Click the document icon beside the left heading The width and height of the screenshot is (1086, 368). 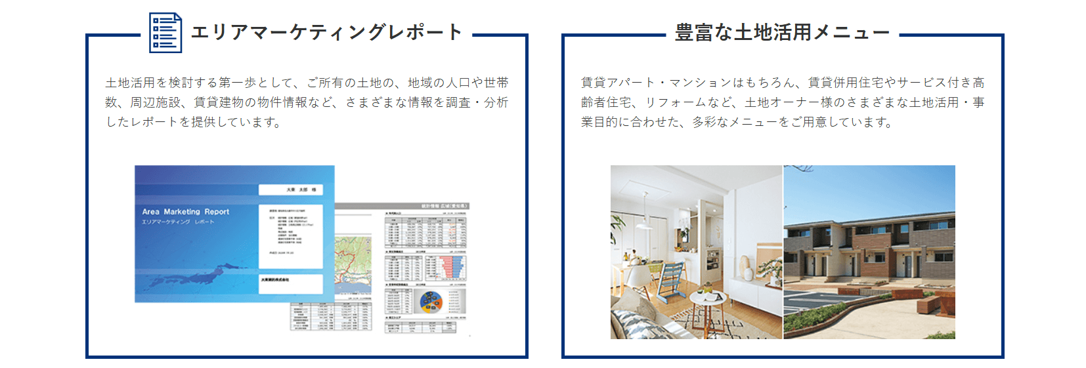(165, 32)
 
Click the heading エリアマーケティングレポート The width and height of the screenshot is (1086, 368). (326, 32)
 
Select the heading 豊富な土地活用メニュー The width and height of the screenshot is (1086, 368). (782, 32)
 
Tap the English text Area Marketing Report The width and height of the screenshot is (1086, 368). (186, 212)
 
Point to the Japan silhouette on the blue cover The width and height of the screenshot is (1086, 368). (197, 276)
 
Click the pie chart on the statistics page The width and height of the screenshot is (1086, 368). (431, 301)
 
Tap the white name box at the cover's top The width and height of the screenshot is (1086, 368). (290, 190)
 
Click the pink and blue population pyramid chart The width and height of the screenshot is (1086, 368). (452, 266)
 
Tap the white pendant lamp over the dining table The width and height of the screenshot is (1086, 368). (645, 222)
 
